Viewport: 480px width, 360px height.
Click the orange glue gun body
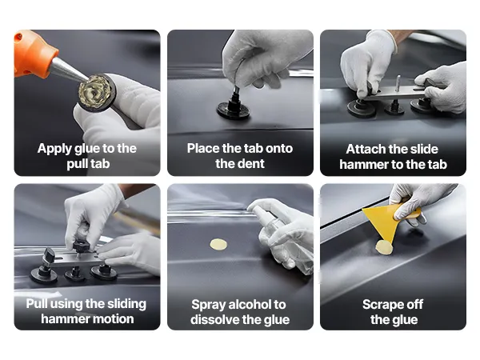click(x=32, y=53)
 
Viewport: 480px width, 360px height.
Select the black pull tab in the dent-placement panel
click(x=234, y=106)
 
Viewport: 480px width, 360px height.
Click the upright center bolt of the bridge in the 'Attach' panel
click(x=398, y=83)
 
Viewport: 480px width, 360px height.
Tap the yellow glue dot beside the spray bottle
click(x=218, y=244)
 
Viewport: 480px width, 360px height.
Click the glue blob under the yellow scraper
click(x=384, y=247)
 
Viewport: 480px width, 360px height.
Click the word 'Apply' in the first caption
click(x=54, y=149)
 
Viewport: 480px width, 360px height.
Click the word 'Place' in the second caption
click(x=203, y=149)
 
